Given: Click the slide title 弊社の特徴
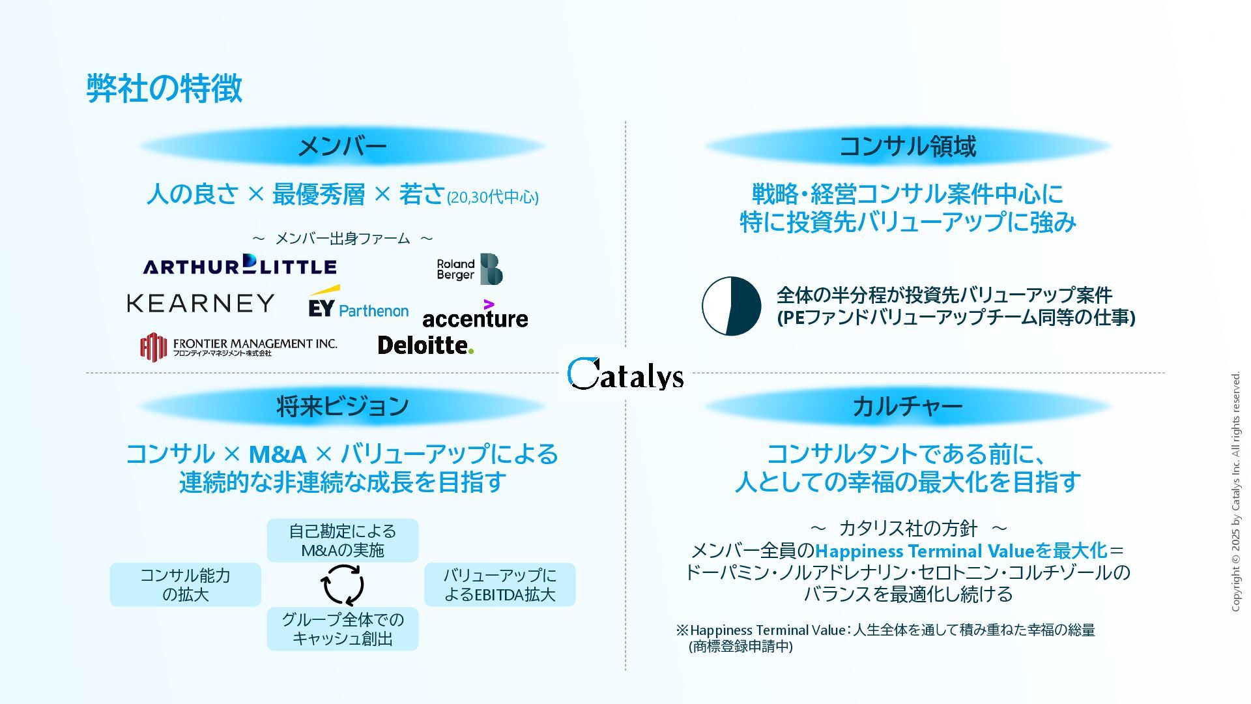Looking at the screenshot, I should (x=164, y=88).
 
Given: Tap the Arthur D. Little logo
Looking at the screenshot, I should (x=240, y=265).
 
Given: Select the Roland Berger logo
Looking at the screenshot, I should (x=469, y=269).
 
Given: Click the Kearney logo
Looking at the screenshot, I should (x=201, y=303).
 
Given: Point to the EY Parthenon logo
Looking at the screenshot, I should (x=358, y=303).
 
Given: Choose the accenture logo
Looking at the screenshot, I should (x=475, y=315).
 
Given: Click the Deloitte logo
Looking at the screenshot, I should (x=425, y=345).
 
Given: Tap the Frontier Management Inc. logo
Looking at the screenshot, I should (x=238, y=347).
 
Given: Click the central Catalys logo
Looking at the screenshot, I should (x=625, y=374).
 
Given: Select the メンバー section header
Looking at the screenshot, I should (x=342, y=146).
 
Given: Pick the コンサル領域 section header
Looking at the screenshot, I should (x=908, y=146).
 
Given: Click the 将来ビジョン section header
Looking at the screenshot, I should (x=342, y=406).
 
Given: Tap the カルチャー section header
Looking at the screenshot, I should (x=908, y=406).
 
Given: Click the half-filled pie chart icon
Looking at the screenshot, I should (x=731, y=306).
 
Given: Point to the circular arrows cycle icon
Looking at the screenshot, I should (x=343, y=585).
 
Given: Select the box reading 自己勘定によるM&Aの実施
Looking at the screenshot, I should (x=343, y=540).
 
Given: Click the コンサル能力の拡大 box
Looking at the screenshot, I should (x=186, y=585).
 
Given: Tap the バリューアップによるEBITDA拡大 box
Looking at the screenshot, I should (x=500, y=585).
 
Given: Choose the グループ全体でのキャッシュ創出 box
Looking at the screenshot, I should (x=343, y=629).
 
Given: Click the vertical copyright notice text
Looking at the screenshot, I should (x=1235, y=491).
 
